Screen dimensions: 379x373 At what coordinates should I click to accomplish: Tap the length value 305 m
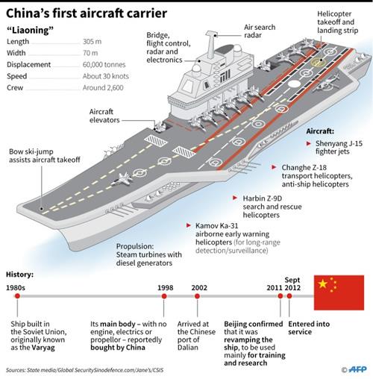93,42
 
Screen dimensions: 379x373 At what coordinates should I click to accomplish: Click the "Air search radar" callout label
260,32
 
